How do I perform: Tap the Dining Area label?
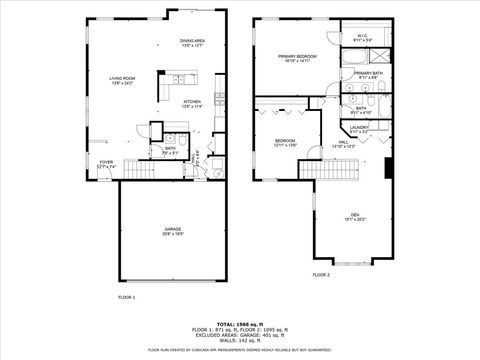[194, 43]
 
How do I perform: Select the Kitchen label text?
[193, 103]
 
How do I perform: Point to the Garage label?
[173, 231]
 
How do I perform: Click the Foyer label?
[106, 165]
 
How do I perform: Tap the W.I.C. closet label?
[363, 37]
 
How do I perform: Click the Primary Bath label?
[367, 75]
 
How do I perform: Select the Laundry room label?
[360, 129]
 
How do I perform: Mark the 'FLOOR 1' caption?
[127, 298]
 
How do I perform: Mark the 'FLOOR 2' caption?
[320, 274]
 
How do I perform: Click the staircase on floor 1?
[144, 172]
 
